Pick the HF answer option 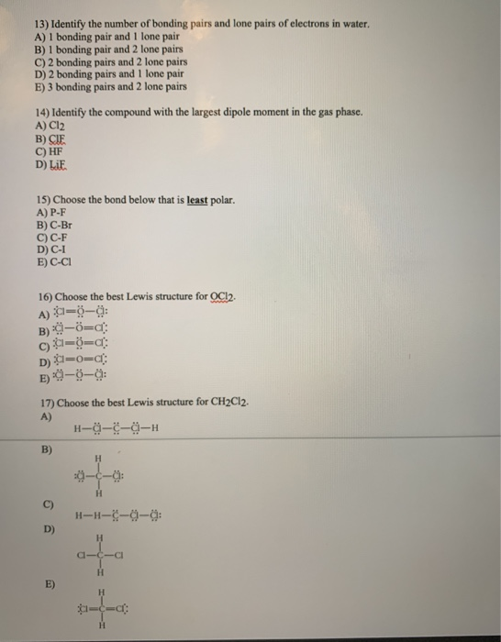tap(48, 152)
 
